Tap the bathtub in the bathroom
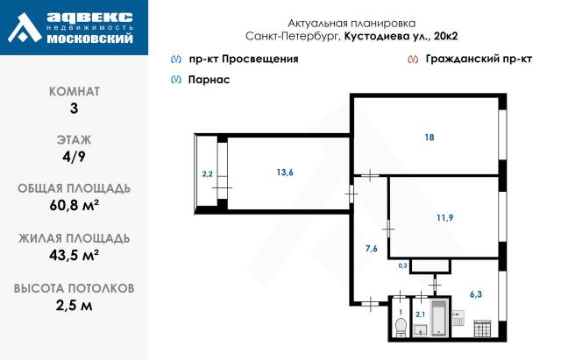coord(437,319)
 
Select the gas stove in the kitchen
coord(482,328)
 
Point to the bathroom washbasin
coord(421,330)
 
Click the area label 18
coord(429,138)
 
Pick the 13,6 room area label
coord(284,173)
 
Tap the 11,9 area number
coord(444,218)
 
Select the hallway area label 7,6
coord(372,249)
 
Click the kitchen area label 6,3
coord(476,295)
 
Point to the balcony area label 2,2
coord(207,174)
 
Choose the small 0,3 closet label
coord(403,265)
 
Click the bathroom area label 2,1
coord(420,314)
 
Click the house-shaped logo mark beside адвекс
coord(24,28)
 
